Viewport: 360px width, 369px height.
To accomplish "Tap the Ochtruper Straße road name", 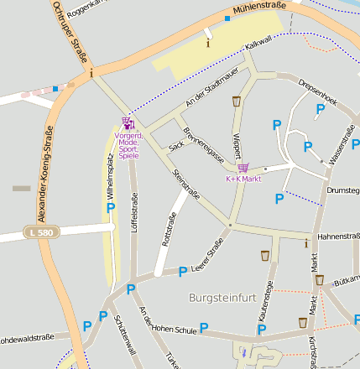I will coord(69,31).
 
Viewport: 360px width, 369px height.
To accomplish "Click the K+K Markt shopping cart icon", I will coord(243,168).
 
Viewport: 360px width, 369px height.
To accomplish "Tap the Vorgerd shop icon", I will coord(128,123).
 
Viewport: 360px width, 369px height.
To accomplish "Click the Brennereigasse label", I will coord(205,143).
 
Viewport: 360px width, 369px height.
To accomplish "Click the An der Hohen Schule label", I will coord(168,321).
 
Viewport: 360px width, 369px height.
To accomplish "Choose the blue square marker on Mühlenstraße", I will coord(227,18).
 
